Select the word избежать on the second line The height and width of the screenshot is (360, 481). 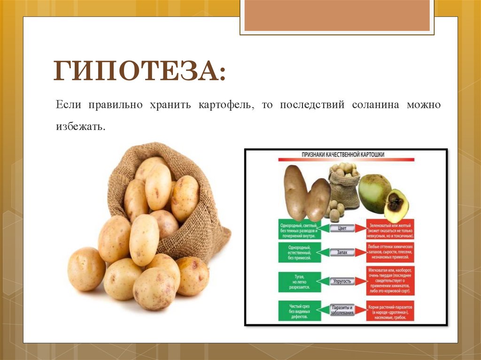(80, 127)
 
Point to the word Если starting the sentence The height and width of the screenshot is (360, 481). (69, 105)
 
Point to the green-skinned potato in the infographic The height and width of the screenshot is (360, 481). (374, 191)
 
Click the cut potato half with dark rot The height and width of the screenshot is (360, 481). (396, 205)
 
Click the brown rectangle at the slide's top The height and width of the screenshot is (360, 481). (337, 15)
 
